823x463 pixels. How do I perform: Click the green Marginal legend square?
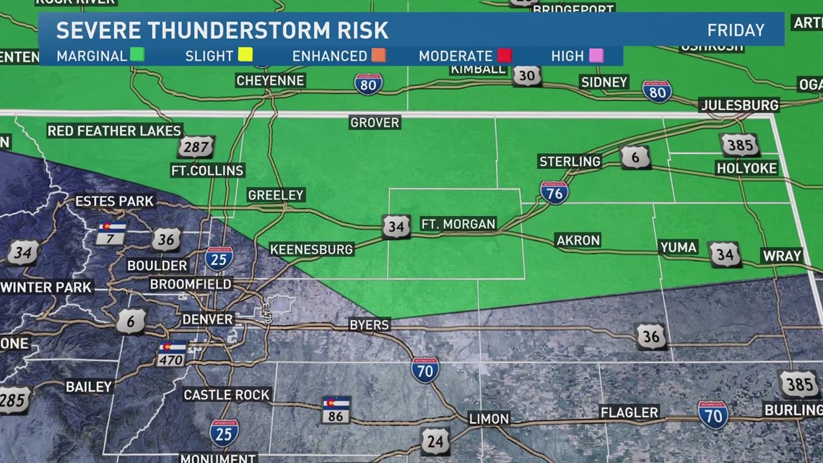click(137, 56)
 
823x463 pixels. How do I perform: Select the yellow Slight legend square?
click(245, 56)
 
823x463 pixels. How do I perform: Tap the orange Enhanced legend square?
click(378, 56)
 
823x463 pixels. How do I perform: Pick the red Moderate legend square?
click(504, 56)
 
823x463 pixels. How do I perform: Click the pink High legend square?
click(596, 56)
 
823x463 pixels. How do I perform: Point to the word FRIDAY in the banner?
click(736, 30)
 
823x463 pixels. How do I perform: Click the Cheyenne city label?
click(270, 81)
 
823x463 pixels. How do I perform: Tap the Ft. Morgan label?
click(458, 225)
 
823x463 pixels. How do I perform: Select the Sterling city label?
click(570, 161)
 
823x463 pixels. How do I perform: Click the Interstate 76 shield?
click(554, 192)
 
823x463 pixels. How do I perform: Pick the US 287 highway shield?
click(196, 147)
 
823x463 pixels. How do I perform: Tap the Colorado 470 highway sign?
click(172, 353)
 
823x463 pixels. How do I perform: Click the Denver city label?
click(207, 319)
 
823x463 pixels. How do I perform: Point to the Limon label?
click(489, 418)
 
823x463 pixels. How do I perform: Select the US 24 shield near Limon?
click(435, 440)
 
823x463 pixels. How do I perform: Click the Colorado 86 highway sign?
click(336, 410)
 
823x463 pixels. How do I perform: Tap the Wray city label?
click(782, 256)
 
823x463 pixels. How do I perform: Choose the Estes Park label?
click(115, 201)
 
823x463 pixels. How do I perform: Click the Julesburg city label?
click(740, 105)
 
